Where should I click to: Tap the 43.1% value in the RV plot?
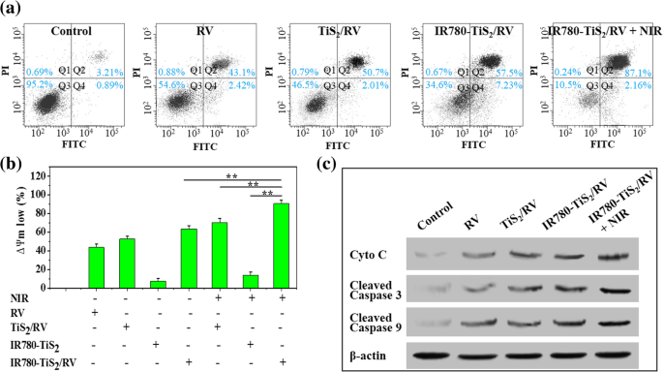pos(239,74)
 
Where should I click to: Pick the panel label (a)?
pos(12,10)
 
